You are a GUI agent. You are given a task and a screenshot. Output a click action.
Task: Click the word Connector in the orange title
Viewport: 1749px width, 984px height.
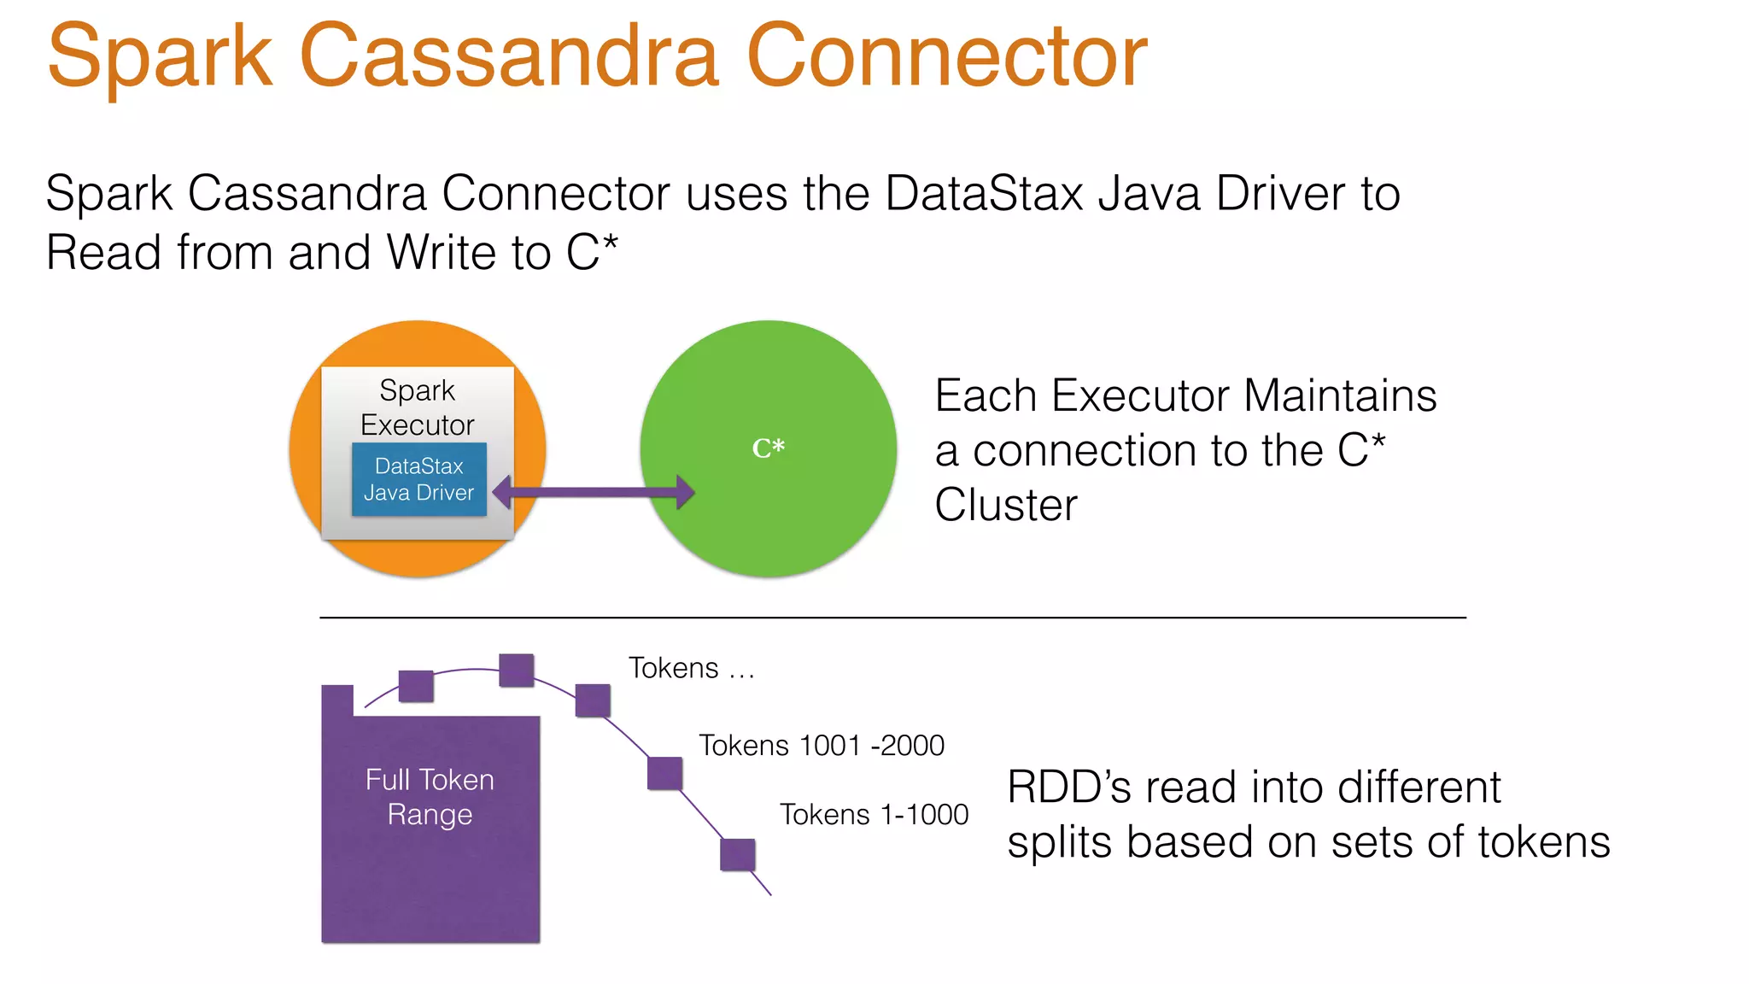[946, 56]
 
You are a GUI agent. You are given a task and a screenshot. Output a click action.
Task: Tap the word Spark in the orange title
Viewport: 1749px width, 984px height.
[160, 56]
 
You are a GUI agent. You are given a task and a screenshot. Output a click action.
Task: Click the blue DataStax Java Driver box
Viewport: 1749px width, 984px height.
[418, 479]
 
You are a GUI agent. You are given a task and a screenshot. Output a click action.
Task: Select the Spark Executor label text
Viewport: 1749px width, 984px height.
[417, 407]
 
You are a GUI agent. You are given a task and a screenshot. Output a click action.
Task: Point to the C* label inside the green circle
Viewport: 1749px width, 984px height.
[768, 448]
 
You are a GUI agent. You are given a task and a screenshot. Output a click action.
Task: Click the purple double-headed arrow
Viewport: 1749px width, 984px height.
[594, 492]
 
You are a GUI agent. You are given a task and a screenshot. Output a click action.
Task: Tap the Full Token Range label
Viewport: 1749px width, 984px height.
[430, 797]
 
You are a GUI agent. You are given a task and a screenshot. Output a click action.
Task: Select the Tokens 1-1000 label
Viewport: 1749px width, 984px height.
[874, 814]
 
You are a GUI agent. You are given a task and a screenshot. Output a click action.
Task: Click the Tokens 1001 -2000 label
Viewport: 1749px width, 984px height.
[822, 745]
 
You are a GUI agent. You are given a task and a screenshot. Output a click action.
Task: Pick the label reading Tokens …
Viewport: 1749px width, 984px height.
[692, 667]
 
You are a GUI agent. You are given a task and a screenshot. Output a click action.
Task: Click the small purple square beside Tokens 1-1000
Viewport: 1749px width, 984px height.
[737, 855]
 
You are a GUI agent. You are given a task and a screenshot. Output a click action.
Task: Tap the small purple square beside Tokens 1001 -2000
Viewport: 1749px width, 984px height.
[664, 773]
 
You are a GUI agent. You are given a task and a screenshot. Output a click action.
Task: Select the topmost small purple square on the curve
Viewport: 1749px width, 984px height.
[516, 670]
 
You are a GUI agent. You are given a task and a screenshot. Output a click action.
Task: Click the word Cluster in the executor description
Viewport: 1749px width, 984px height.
[1006, 505]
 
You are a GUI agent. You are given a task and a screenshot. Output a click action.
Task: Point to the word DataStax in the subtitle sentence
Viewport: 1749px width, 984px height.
[984, 193]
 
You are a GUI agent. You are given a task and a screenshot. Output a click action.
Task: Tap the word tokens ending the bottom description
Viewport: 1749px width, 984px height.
[1544, 842]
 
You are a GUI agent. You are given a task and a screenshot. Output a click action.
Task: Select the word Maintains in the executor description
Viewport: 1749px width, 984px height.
[1340, 396]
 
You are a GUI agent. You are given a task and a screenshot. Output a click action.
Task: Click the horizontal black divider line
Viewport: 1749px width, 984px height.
[892, 617]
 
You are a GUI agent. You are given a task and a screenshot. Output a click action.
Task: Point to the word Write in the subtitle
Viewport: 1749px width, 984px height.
[442, 253]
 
